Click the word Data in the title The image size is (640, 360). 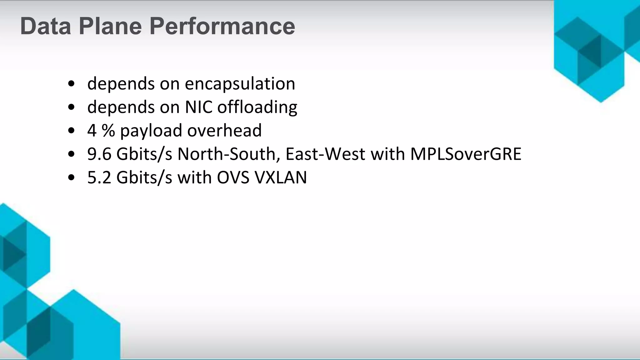[46, 26]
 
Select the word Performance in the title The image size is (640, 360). [222, 26]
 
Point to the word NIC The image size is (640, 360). [198, 107]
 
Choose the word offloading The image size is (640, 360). [257, 107]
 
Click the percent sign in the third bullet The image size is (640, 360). [108, 131]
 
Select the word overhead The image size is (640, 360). [224, 131]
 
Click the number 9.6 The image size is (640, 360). [99, 154]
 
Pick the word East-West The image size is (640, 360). [325, 154]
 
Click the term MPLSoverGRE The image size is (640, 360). [466, 154]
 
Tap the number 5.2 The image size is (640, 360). [99, 177]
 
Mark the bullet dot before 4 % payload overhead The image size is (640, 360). [71, 131]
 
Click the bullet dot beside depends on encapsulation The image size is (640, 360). [71, 84]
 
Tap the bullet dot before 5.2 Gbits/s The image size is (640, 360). [71, 178]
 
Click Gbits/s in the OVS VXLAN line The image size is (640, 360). [144, 177]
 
